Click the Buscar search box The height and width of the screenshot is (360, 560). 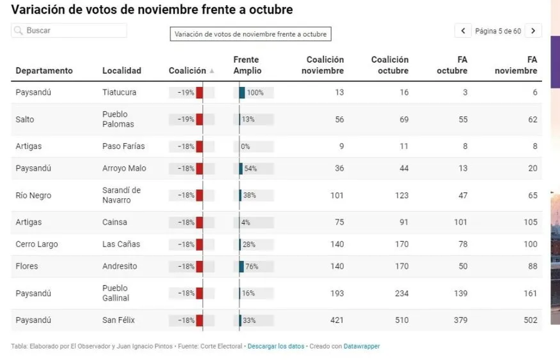tap(69, 30)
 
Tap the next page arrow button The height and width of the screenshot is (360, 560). tap(533, 31)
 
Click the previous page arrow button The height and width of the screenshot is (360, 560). tap(463, 31)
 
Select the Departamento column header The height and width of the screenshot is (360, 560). tap(44, 71)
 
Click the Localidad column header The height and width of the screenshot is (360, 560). tap(122, 71)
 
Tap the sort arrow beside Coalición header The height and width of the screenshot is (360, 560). tap(212, 71)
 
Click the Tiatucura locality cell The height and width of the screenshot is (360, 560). tap(119, 92)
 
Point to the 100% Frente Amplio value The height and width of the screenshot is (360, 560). tap(255, 92)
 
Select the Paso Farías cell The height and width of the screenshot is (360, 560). tap(124, 146)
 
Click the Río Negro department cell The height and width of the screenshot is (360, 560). tap(33, 195)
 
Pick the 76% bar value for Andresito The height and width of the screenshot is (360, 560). tap(251, 267)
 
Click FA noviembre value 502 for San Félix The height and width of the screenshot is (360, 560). tap(530, 320)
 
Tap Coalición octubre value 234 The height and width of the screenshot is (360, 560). tap(402, 293)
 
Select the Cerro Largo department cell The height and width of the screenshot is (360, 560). tap(36, 244)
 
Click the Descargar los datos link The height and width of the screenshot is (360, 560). tap(276, 346)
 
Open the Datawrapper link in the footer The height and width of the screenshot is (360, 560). tap(361, 346)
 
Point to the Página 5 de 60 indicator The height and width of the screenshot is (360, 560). tap(498, 31)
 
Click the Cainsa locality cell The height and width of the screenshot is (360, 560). tap(115, 222)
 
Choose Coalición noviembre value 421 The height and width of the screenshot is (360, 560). tap(337, 320)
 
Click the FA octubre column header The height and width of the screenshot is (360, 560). tap(452, 65)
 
